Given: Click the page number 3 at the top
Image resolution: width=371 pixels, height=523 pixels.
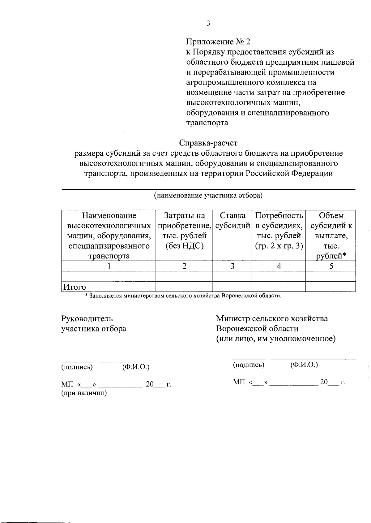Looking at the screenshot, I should point(208,24).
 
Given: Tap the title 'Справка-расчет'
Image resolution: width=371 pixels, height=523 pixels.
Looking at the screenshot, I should point(208,143).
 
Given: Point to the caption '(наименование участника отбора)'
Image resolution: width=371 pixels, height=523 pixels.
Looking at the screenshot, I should point(208,195).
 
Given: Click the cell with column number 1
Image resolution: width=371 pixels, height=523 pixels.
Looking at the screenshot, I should point(109,266).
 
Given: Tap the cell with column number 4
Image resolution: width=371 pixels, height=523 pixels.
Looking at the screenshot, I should point(279,266).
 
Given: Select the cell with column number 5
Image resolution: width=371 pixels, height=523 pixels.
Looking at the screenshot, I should point(331,266).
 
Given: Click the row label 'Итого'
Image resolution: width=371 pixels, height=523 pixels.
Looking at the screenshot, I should point(75,287).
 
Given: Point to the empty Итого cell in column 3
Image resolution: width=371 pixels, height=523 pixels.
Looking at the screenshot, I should point(232,287).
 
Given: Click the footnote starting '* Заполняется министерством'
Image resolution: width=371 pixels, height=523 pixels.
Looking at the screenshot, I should point(183,296).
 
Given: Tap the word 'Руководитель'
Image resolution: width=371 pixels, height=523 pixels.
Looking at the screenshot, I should point(87,318).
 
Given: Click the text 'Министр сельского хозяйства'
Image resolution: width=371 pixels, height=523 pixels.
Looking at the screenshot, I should point(272,318).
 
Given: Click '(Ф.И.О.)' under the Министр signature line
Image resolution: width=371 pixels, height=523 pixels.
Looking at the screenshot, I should point(304,365).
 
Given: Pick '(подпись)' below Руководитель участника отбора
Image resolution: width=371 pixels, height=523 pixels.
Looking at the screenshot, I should point(77,367).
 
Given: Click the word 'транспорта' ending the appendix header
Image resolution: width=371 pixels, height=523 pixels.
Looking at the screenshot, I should point(207,123).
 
